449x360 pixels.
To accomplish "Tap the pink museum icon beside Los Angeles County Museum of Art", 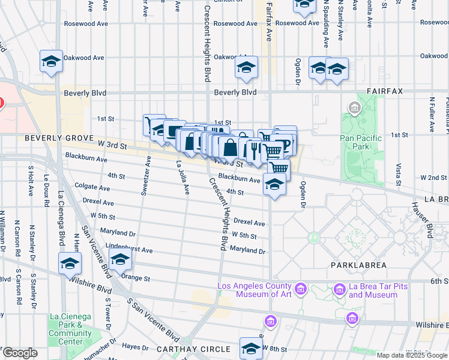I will [301, 290].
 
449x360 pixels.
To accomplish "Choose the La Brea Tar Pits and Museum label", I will [372, 290].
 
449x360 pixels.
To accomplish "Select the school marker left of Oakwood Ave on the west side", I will [52, 61].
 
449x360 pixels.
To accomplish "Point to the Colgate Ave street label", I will [91, 187].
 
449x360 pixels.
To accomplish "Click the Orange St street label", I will [135, 278].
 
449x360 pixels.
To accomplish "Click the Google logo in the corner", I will [20, 353].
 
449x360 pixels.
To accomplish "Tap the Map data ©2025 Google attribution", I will [412, 355].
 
